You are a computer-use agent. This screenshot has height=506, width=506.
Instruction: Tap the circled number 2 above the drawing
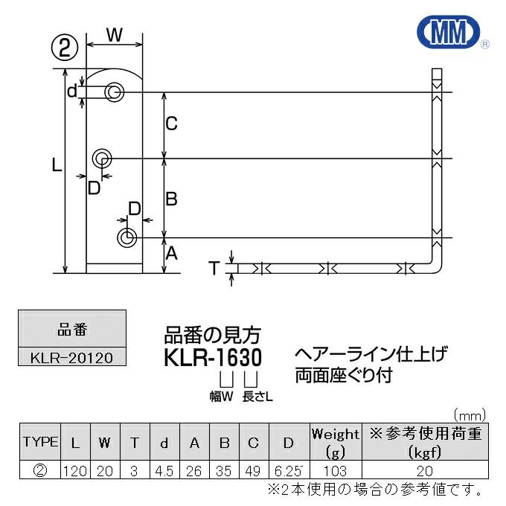coord(65,48)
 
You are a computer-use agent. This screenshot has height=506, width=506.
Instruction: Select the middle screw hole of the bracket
coord(102,158)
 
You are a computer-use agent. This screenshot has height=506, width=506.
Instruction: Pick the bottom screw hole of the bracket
coord(126,237)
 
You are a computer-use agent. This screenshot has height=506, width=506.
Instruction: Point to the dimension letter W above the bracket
coord(114,34)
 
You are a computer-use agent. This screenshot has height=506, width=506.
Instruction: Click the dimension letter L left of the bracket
coord(56,167)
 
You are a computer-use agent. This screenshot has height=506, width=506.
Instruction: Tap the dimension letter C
coord(171,124)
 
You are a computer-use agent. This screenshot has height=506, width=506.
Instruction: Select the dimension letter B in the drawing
coord(171,199)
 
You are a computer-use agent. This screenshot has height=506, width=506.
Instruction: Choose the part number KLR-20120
coord(72,357)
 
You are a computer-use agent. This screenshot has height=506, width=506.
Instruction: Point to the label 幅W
coord(221,397)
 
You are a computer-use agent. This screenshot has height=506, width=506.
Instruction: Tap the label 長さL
coord(258,397)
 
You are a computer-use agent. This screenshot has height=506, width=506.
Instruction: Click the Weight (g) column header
coord(335,442)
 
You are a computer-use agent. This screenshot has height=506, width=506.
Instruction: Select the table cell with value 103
coord(335,471)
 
